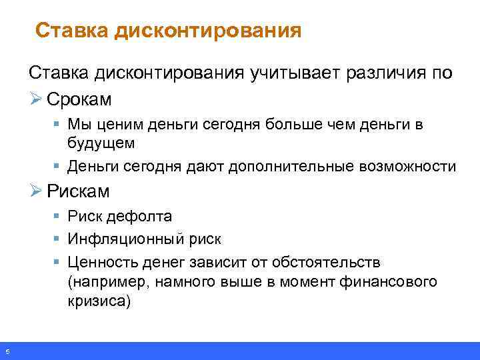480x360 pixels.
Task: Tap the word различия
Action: pos(383,73)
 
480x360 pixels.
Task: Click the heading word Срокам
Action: pos(79,99)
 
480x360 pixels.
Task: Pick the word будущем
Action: pos(101,142)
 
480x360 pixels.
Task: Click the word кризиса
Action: pos(98,301)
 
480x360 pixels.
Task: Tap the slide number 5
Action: pos(6,351)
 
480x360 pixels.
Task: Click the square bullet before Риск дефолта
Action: pos(58,217)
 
